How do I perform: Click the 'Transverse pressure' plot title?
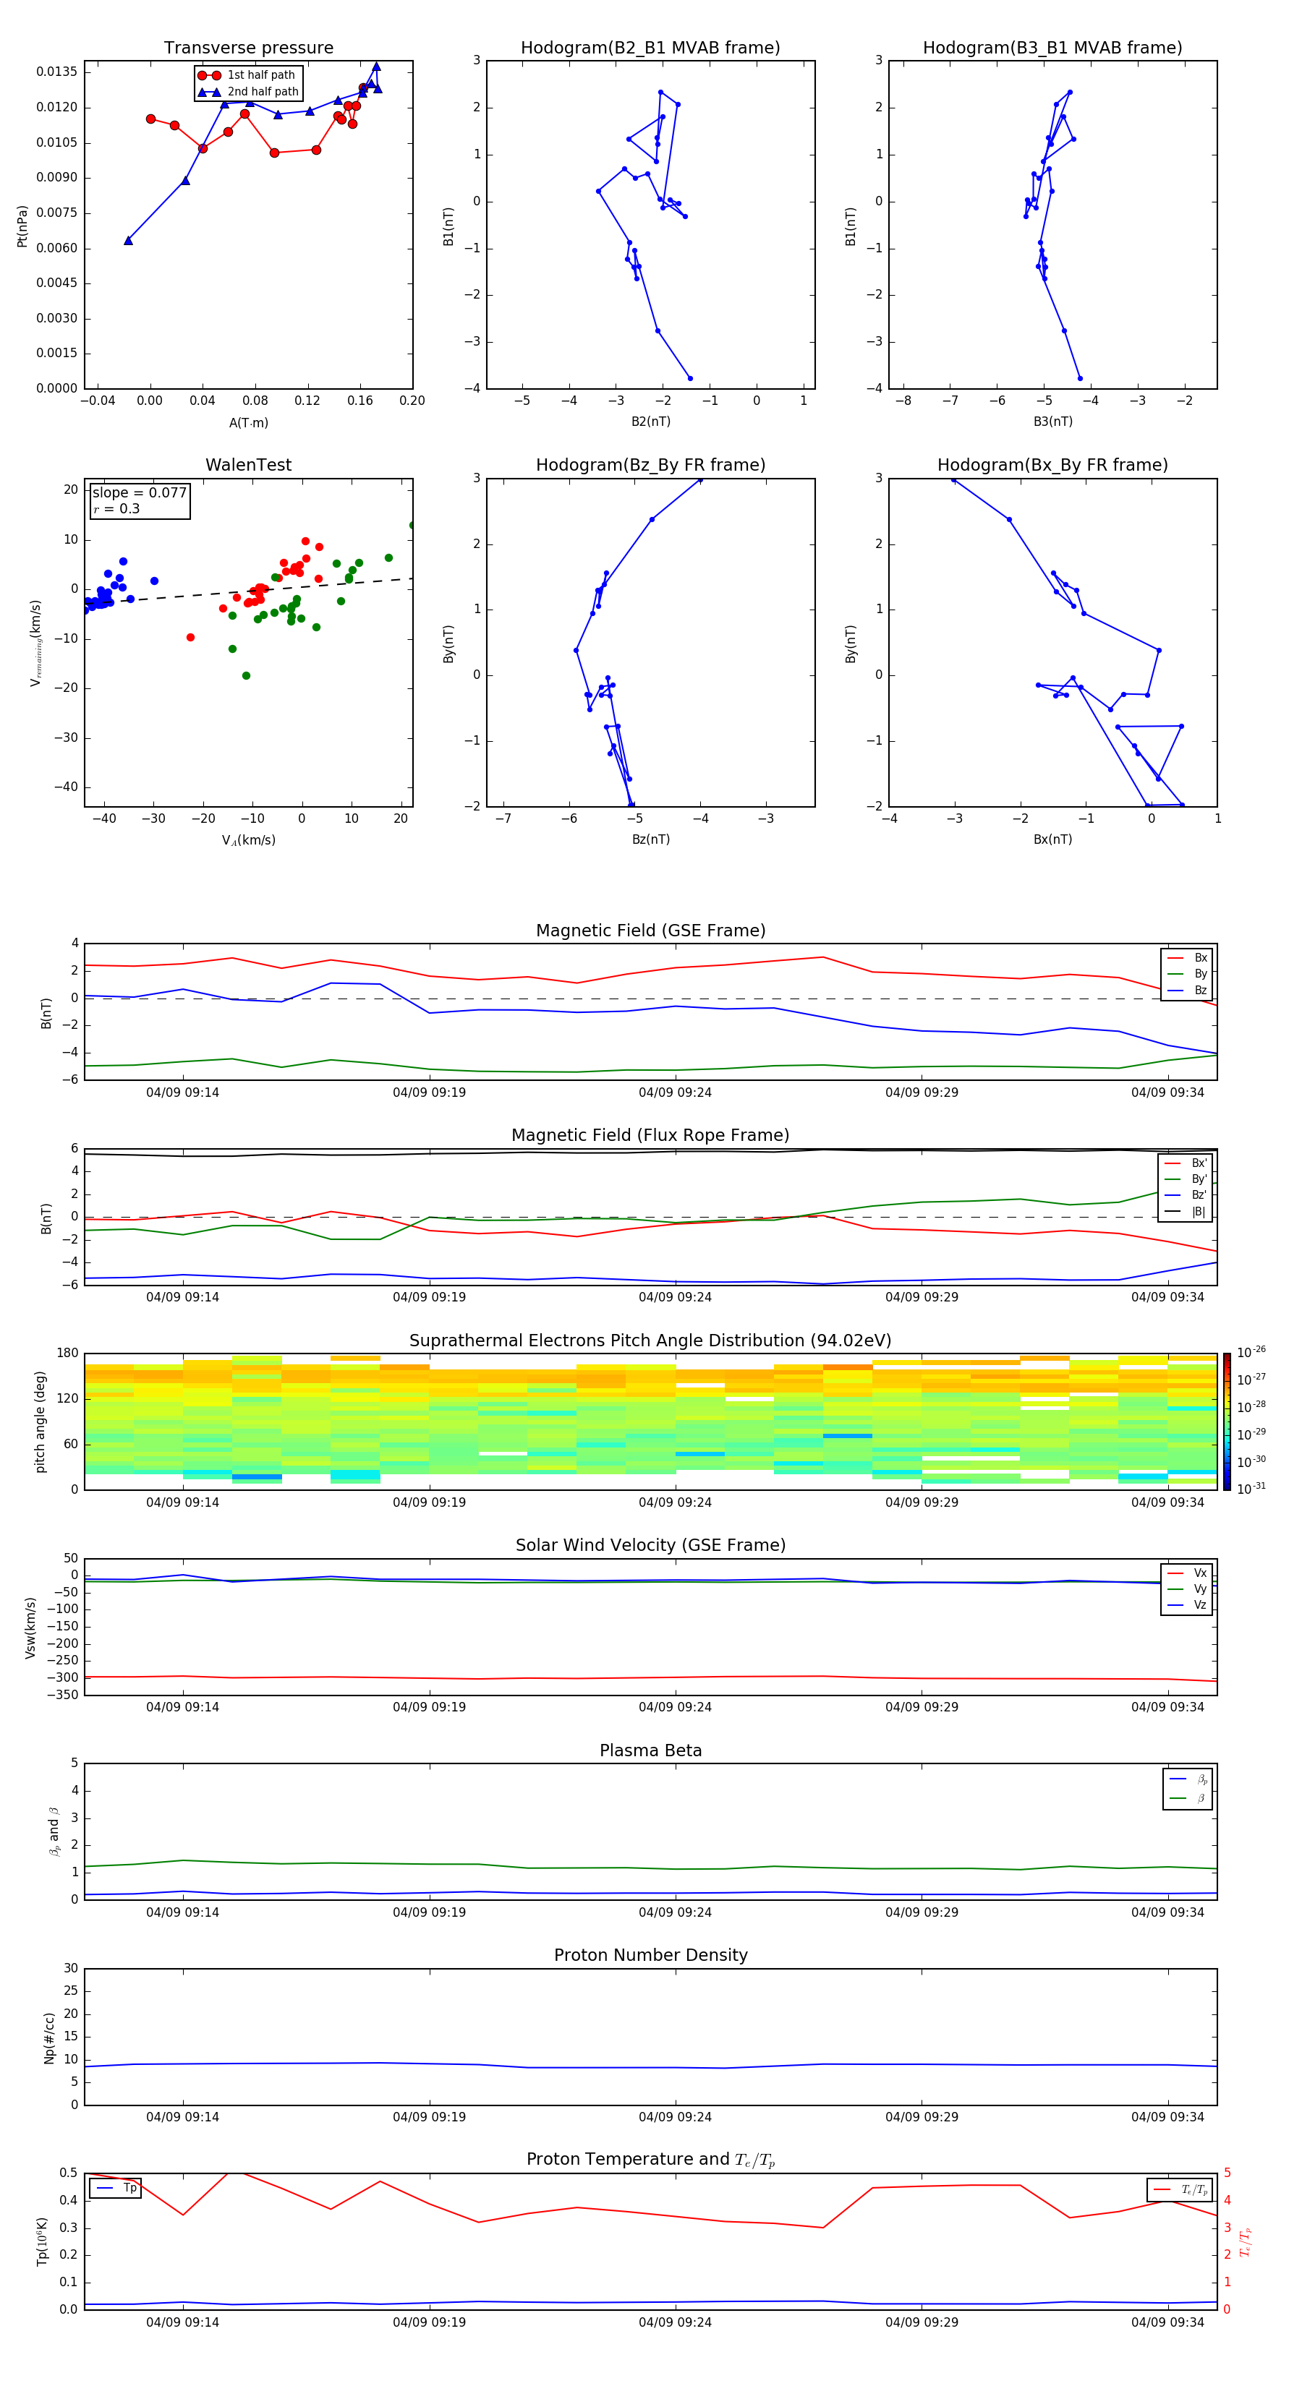248,48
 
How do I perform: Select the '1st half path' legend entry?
260,75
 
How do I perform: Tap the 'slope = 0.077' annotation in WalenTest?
139,493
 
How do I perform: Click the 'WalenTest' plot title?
248,465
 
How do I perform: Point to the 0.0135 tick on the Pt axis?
56,72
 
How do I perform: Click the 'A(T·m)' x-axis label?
248,423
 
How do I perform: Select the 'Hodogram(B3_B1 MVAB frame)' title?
1052,48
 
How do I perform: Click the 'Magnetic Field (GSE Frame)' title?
650,931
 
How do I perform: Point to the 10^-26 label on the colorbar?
1251,1351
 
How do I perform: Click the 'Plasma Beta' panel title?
650,1750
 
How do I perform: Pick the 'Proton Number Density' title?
650,1955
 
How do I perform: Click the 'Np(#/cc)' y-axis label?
50,2037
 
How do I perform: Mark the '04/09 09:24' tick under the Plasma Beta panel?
676,1912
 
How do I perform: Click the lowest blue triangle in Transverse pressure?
128,241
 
